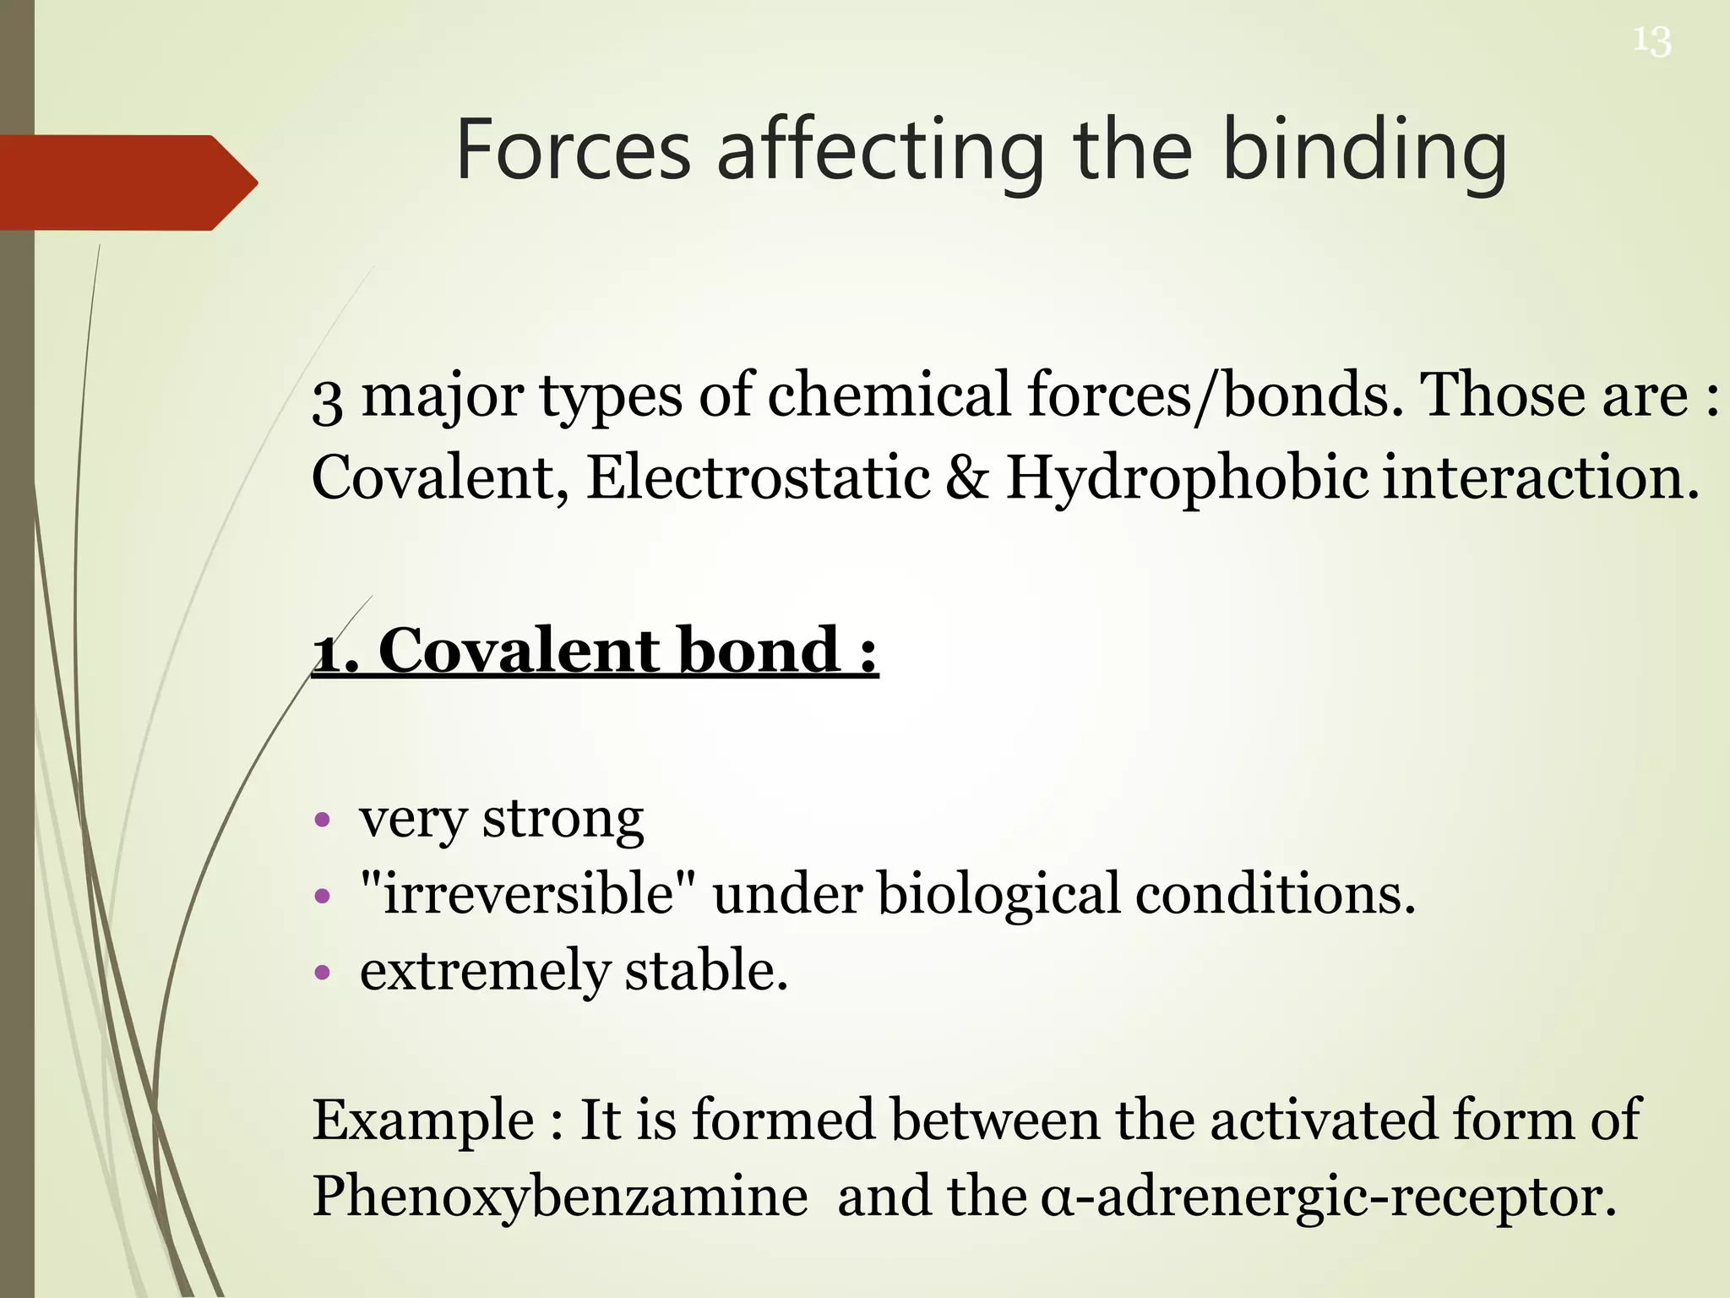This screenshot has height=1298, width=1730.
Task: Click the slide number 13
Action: point(1651,41)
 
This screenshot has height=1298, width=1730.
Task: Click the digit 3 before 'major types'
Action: point(327,400)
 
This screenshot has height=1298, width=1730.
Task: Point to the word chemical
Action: point(888,395)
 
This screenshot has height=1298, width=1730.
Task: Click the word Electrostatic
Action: point(758,477)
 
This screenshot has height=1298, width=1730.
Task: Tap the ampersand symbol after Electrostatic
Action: point(967,477)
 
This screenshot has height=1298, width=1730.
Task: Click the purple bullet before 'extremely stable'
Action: point(321,972)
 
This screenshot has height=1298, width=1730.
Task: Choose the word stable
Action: point(706,970)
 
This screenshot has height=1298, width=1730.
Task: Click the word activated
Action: point(1323,1120)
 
